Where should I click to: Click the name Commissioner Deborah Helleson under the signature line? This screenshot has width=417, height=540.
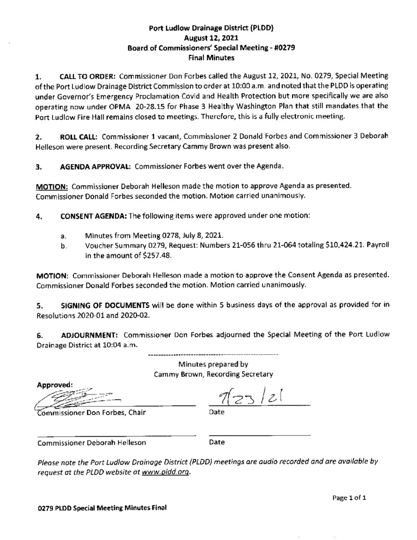[x=92, y=443]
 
